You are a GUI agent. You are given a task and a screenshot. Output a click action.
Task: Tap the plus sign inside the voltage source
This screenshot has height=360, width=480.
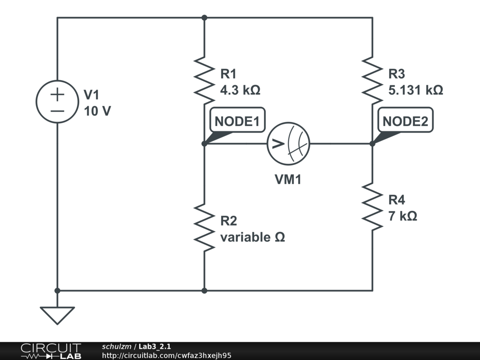[57, 95]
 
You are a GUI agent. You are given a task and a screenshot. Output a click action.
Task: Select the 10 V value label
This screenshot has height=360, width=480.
[97, 111]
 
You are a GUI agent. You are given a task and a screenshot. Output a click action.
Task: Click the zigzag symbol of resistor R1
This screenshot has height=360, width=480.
[204, 80]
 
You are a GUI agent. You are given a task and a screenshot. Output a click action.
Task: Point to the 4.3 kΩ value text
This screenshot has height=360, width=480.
[240, 90]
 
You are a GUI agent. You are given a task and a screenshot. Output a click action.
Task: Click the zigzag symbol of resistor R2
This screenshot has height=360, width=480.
[204, 227]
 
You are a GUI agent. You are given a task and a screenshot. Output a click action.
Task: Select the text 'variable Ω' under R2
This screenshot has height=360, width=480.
[252, 237]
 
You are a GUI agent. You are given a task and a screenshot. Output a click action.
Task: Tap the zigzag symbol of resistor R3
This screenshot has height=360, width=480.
[372, 80]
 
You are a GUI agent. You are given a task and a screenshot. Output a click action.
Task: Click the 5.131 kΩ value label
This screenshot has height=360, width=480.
[415, 90]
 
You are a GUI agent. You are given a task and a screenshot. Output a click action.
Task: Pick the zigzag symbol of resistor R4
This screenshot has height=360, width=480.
[372, 206]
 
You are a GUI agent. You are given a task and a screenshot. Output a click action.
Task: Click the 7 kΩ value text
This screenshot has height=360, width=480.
[403, 216]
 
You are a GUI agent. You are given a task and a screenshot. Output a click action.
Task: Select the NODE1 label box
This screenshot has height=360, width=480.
[237, 121]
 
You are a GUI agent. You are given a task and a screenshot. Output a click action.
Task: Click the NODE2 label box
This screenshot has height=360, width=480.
[405, 121]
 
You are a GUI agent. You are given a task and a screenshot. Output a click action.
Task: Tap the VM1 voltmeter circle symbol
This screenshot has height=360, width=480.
[288, 144]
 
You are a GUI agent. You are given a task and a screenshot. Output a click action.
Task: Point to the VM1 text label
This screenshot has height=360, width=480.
[288, 179]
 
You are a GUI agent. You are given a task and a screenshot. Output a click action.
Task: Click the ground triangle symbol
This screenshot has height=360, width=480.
[57, 315]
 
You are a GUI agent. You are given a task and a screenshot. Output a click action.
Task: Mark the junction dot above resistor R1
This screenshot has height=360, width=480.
[204, 18]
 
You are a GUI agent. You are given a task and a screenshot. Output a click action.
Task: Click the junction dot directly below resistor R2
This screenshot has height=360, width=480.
[204, 291]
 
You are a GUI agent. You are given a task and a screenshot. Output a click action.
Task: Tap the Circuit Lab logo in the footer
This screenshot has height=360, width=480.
[51, 351]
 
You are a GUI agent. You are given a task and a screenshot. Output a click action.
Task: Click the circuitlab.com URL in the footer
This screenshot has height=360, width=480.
[166, 356]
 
